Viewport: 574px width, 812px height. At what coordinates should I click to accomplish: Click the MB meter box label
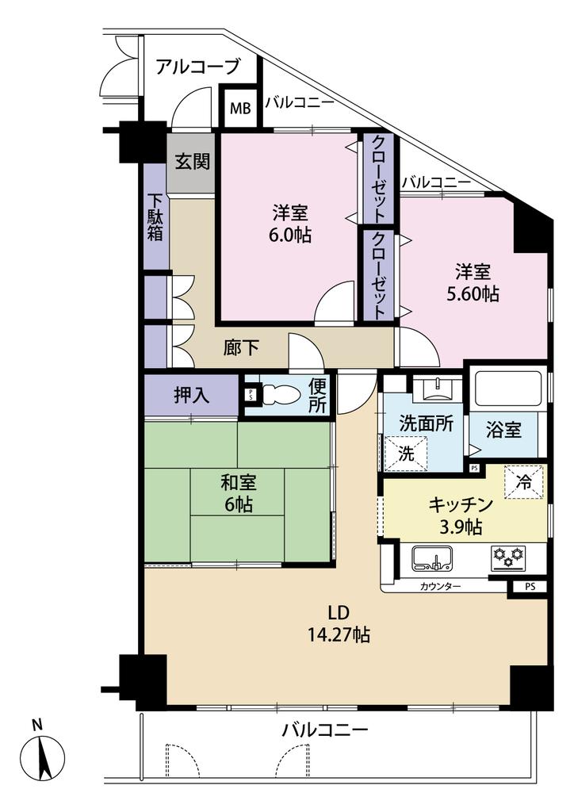coord(240,109)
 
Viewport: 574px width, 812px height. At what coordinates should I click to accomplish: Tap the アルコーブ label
coord(197,67)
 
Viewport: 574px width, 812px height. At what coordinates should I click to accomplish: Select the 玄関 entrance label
coord(192,162)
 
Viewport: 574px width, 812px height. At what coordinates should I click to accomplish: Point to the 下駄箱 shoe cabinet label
coord(156,217)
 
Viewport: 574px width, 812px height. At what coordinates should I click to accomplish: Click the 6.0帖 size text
coord(290,236)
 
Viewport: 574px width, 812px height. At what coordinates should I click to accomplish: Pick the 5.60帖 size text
coord(473,294)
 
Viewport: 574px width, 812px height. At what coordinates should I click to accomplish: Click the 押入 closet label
coord(192,396)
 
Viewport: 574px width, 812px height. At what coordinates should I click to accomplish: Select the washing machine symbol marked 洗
coord(406,453)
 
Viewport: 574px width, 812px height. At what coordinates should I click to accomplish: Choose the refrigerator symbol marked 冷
coord(524,483)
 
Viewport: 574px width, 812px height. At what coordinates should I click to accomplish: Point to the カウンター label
coord(440,587)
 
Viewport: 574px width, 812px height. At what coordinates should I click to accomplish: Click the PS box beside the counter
coord(530,588)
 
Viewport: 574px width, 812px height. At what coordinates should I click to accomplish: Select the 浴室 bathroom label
coord(503,429)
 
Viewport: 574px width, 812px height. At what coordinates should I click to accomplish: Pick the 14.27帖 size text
coord(339,634)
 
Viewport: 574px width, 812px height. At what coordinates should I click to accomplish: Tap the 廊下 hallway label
coord(241,347)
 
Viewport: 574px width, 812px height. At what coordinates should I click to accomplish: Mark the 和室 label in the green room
coord(239,483)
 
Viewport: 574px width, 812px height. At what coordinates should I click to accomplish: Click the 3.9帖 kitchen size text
coord(461,527)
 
